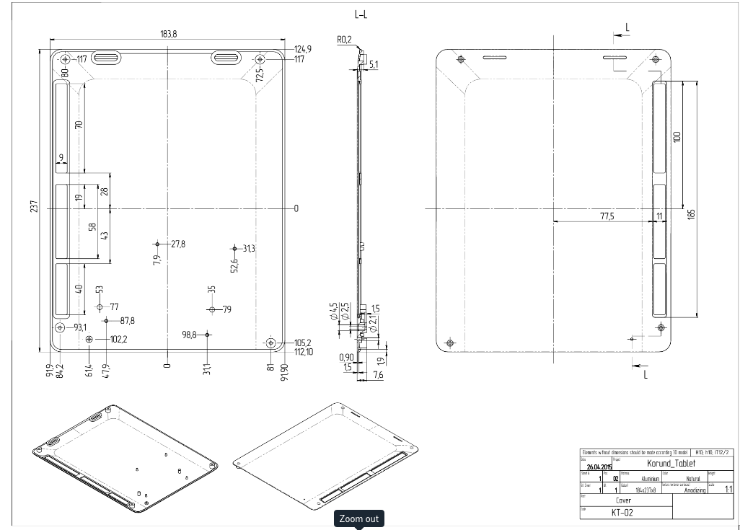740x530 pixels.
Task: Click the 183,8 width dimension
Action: [x=167, y=34]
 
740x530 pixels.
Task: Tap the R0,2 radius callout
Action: [x=344, y=40]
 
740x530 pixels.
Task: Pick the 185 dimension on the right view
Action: [x=691, y=214]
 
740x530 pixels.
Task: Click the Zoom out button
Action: [x=359, y=518]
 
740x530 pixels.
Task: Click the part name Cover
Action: [x=624, y=500]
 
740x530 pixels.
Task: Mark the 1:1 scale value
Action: [x=728, y=490]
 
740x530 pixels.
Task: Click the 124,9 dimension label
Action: [x=303, y=49]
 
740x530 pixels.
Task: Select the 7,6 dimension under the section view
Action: [x=378, y=374]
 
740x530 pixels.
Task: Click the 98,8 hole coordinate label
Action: [x=190, y=335]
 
